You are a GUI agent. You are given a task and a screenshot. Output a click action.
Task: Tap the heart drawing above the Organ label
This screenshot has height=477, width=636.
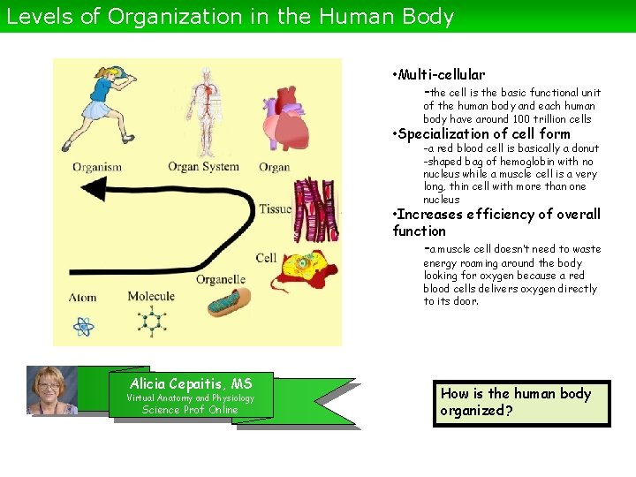(x=275, y=121)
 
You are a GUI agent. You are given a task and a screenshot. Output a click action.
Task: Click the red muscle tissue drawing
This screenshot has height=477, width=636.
(x=315, y=209)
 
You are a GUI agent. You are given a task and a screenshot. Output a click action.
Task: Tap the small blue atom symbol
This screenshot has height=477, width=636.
(x=83, y=327)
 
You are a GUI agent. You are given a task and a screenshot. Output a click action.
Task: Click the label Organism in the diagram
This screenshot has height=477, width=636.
(x=97, y=166)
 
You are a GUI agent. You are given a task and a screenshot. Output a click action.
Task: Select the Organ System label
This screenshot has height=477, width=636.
(x=204, y=166)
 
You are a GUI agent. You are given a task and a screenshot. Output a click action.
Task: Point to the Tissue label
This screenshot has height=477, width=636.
(x=275, y=209)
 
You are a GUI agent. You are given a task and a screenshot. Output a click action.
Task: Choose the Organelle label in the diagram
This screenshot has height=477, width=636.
(x=221, y=280)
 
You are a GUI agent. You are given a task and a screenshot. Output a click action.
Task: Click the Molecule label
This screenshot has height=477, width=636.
(x=151, y=296)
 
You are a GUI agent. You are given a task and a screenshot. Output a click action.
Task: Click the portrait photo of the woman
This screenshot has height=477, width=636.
(x=52, y=390)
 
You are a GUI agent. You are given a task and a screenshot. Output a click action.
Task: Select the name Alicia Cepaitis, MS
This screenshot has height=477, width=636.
(x=190, y=383)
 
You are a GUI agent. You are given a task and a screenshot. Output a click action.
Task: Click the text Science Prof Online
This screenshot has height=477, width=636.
(x=190, y=410)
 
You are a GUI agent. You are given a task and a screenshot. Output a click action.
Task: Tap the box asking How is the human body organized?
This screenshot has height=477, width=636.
(x=521, y=402)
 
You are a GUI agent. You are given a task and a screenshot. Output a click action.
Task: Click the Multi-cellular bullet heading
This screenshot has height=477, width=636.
(x=441, y=75)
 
